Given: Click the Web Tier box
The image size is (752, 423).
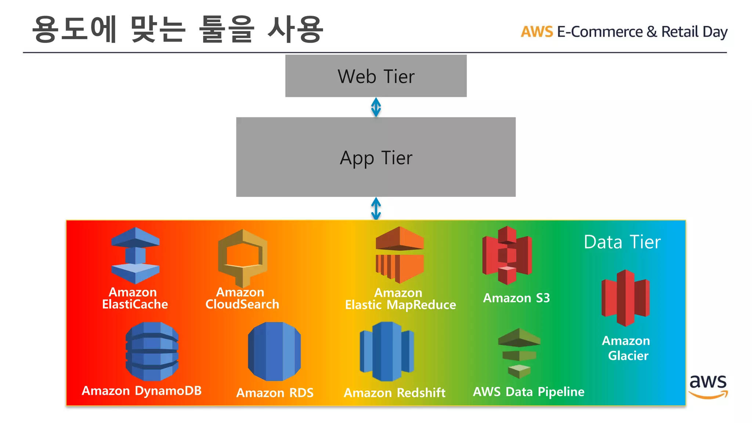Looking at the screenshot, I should pos(376,76).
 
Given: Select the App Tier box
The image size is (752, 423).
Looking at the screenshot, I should pos(376,157).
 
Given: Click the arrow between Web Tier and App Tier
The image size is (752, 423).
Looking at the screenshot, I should pos(376,107).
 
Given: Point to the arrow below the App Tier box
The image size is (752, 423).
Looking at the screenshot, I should pos(376,208).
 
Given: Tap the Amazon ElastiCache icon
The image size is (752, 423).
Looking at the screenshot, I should pos(135,255).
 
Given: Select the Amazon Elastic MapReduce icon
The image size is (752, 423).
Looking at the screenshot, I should pos(399,254).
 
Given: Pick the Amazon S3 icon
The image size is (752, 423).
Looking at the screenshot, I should pos(507,255).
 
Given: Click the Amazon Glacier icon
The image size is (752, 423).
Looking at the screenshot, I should pos(625,298).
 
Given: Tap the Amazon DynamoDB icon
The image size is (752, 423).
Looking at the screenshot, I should pos(152,351).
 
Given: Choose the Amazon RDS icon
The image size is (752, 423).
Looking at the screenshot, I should pos(274,351).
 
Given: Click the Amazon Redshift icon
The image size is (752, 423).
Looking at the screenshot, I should pos(387,351).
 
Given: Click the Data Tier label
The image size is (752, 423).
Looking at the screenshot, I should pos(622,242).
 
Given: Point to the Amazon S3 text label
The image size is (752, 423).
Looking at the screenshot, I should pos(516,298).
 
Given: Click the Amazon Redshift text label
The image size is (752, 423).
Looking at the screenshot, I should pos(394,393).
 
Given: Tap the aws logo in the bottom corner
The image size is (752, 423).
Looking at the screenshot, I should pos(708,386).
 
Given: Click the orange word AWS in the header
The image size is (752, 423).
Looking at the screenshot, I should pos(536,32).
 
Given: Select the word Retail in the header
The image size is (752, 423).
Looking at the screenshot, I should pos(680,32).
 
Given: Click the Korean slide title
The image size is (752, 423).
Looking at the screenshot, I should pos(178,29).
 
